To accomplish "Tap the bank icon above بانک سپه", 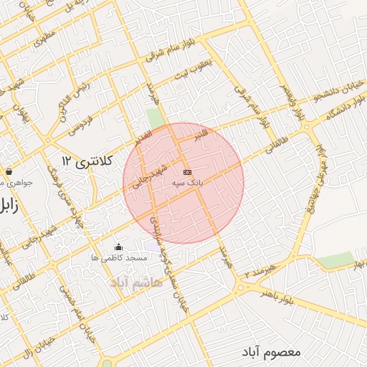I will point(188,173).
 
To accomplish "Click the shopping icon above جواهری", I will point(9,172).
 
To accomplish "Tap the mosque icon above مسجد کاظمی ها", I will point(118,248).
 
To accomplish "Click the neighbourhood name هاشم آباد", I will point(136,282).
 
